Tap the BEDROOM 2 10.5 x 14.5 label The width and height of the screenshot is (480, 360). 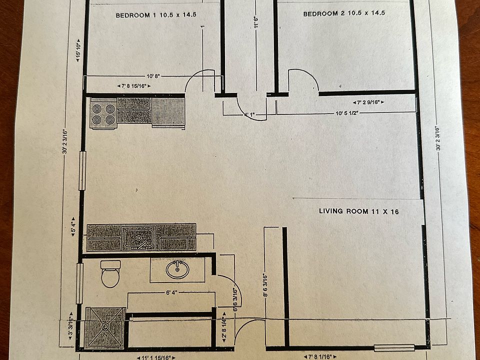point(344,13)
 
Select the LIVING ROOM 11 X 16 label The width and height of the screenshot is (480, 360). point(359,211)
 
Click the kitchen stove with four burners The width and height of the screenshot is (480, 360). point(103,113)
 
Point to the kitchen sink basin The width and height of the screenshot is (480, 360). point(139,237)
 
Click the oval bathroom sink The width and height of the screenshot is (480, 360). point(177,269)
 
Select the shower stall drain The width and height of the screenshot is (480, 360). point(105,327)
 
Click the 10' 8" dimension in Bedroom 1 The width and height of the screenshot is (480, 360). point(154,76)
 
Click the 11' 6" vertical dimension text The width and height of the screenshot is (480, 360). point(256,22)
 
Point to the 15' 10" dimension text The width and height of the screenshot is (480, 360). point(78,50)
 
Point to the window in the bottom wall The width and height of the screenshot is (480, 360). point(394,347)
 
